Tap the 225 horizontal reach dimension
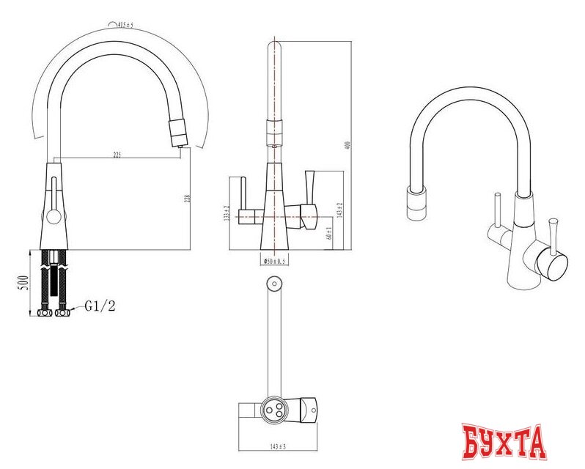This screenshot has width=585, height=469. [117, 155]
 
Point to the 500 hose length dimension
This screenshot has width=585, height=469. [23, 282]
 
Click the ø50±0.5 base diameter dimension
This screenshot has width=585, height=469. [273, 260]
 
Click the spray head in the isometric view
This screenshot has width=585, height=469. [415, 202]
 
